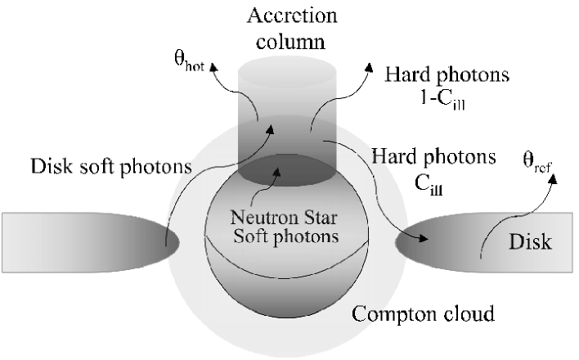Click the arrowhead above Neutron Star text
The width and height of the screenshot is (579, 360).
283,170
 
